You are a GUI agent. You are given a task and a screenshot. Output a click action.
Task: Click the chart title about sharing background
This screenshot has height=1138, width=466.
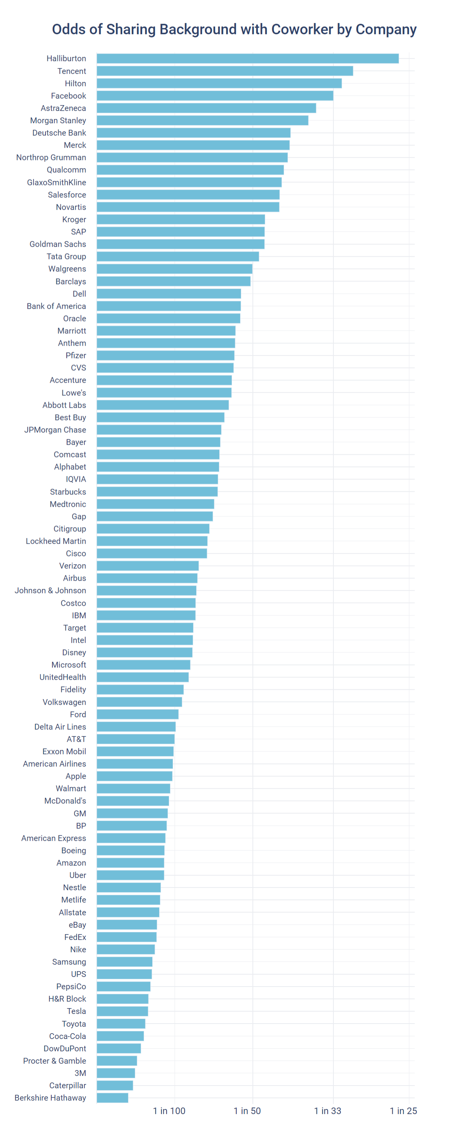(234, 29)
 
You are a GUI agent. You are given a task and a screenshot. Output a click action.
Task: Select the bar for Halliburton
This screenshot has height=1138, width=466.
(247, 58)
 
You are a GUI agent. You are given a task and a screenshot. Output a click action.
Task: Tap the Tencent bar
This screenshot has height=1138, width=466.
(224, 71)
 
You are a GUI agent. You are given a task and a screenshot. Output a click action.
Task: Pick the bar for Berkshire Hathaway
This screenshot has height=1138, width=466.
(112, 1098)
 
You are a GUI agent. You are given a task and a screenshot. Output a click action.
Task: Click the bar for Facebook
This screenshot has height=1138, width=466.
(215, 96)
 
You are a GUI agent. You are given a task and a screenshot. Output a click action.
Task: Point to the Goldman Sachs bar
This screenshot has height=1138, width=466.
(180, 244)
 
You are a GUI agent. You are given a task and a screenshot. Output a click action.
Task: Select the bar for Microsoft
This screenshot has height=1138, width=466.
(143, 664)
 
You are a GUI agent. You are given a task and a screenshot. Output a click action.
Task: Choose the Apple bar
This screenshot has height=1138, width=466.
(134, 776)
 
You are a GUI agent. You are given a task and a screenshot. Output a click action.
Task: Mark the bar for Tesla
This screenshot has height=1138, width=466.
(122, 1011)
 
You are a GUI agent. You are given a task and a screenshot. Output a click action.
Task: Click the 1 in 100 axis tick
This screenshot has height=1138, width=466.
(169, 1111)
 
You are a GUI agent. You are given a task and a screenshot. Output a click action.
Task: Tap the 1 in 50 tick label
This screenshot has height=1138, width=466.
(247, 1111)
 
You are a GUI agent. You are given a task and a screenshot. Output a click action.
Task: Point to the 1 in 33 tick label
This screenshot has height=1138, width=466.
(327, 1111)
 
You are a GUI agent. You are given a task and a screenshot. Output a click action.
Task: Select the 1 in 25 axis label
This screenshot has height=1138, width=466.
(403, 1111)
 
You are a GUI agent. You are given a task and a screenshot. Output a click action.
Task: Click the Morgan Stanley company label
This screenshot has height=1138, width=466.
(58, 120)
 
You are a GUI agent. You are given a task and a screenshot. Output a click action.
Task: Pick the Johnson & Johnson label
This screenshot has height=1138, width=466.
(50, 590)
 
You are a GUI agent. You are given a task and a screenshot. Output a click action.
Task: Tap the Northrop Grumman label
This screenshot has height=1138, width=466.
(51, 157)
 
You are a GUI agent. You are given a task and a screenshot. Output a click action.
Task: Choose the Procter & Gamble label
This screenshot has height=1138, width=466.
(55, 1060)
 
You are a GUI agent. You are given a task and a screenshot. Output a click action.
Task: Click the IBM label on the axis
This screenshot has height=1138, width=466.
(79, 615)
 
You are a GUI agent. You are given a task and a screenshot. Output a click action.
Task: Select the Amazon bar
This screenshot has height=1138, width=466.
(130, 862)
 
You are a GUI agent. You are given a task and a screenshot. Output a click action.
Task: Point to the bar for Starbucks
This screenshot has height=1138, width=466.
(157, 491)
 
